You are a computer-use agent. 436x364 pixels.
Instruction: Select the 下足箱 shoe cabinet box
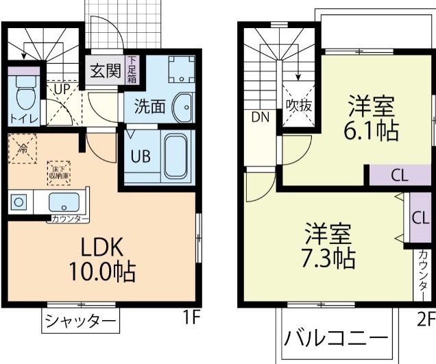pos(132,71)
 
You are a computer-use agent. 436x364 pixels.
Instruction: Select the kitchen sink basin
pos(63,202)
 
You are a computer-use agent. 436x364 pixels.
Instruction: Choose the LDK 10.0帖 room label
pos(101,259)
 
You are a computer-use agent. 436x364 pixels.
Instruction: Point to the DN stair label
pos(259,117)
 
